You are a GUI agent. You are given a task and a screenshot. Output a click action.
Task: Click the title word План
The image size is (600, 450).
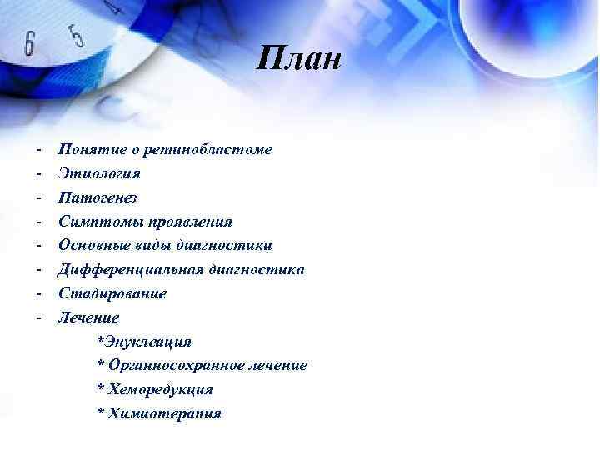300,60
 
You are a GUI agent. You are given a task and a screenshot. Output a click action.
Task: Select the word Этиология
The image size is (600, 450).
99,174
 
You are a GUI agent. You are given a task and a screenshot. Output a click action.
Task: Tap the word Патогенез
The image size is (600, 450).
97,198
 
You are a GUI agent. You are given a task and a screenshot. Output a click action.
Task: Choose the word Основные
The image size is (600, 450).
92,246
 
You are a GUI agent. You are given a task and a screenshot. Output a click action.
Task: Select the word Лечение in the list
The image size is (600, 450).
88,317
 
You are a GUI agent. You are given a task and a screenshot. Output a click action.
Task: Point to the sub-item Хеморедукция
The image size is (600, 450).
159,389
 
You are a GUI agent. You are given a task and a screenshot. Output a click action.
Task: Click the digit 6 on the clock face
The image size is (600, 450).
29,43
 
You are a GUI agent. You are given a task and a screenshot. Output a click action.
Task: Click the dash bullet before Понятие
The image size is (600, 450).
38,150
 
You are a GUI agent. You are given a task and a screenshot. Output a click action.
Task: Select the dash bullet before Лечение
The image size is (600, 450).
38,317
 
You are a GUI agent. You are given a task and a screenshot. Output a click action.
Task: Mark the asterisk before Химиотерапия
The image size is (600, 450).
101,412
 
